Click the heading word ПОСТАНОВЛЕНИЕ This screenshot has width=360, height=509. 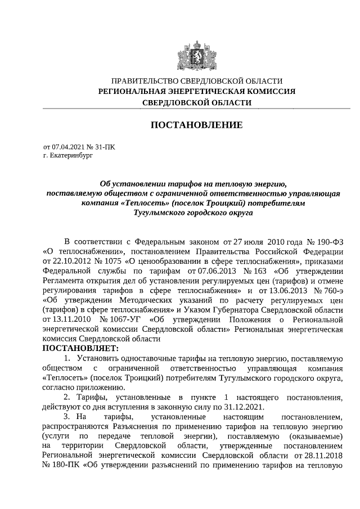(196, 124)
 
